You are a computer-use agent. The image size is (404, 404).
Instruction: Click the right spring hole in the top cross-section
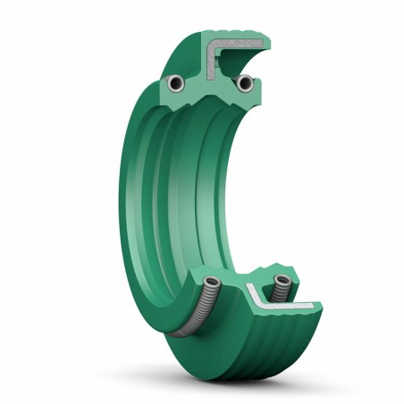pos(243,83)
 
